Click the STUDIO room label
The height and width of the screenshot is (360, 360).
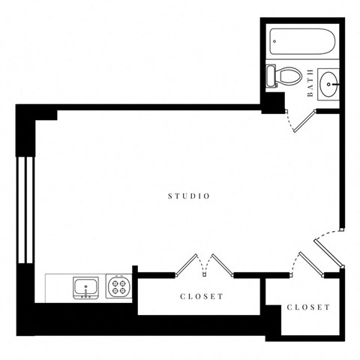pyautogui.click(x=188, y=196)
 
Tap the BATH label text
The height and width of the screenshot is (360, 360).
pyautogui.click(x=310, y=83)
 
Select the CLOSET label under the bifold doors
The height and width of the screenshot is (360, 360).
pyautogui.click(x=202, y=296)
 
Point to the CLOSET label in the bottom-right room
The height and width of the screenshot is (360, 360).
pyautogui.click(x=308, y=307)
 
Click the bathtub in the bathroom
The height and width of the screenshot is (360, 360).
pyautogui.click(x=303, y=41)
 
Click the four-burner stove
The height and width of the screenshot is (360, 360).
pyautogui.click(x=119, y=286)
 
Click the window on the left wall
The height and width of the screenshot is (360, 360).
pyautogui.click(x=26, y=209)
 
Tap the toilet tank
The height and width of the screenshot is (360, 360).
pyautogui.click(x=270, y=76)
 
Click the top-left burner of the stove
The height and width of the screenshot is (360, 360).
pyautogui.click(x=115, y=282)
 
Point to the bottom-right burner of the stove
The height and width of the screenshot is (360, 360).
pyautogui.click(x=124, y=291)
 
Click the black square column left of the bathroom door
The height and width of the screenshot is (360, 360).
pyautogui.click(x=272, y=101)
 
